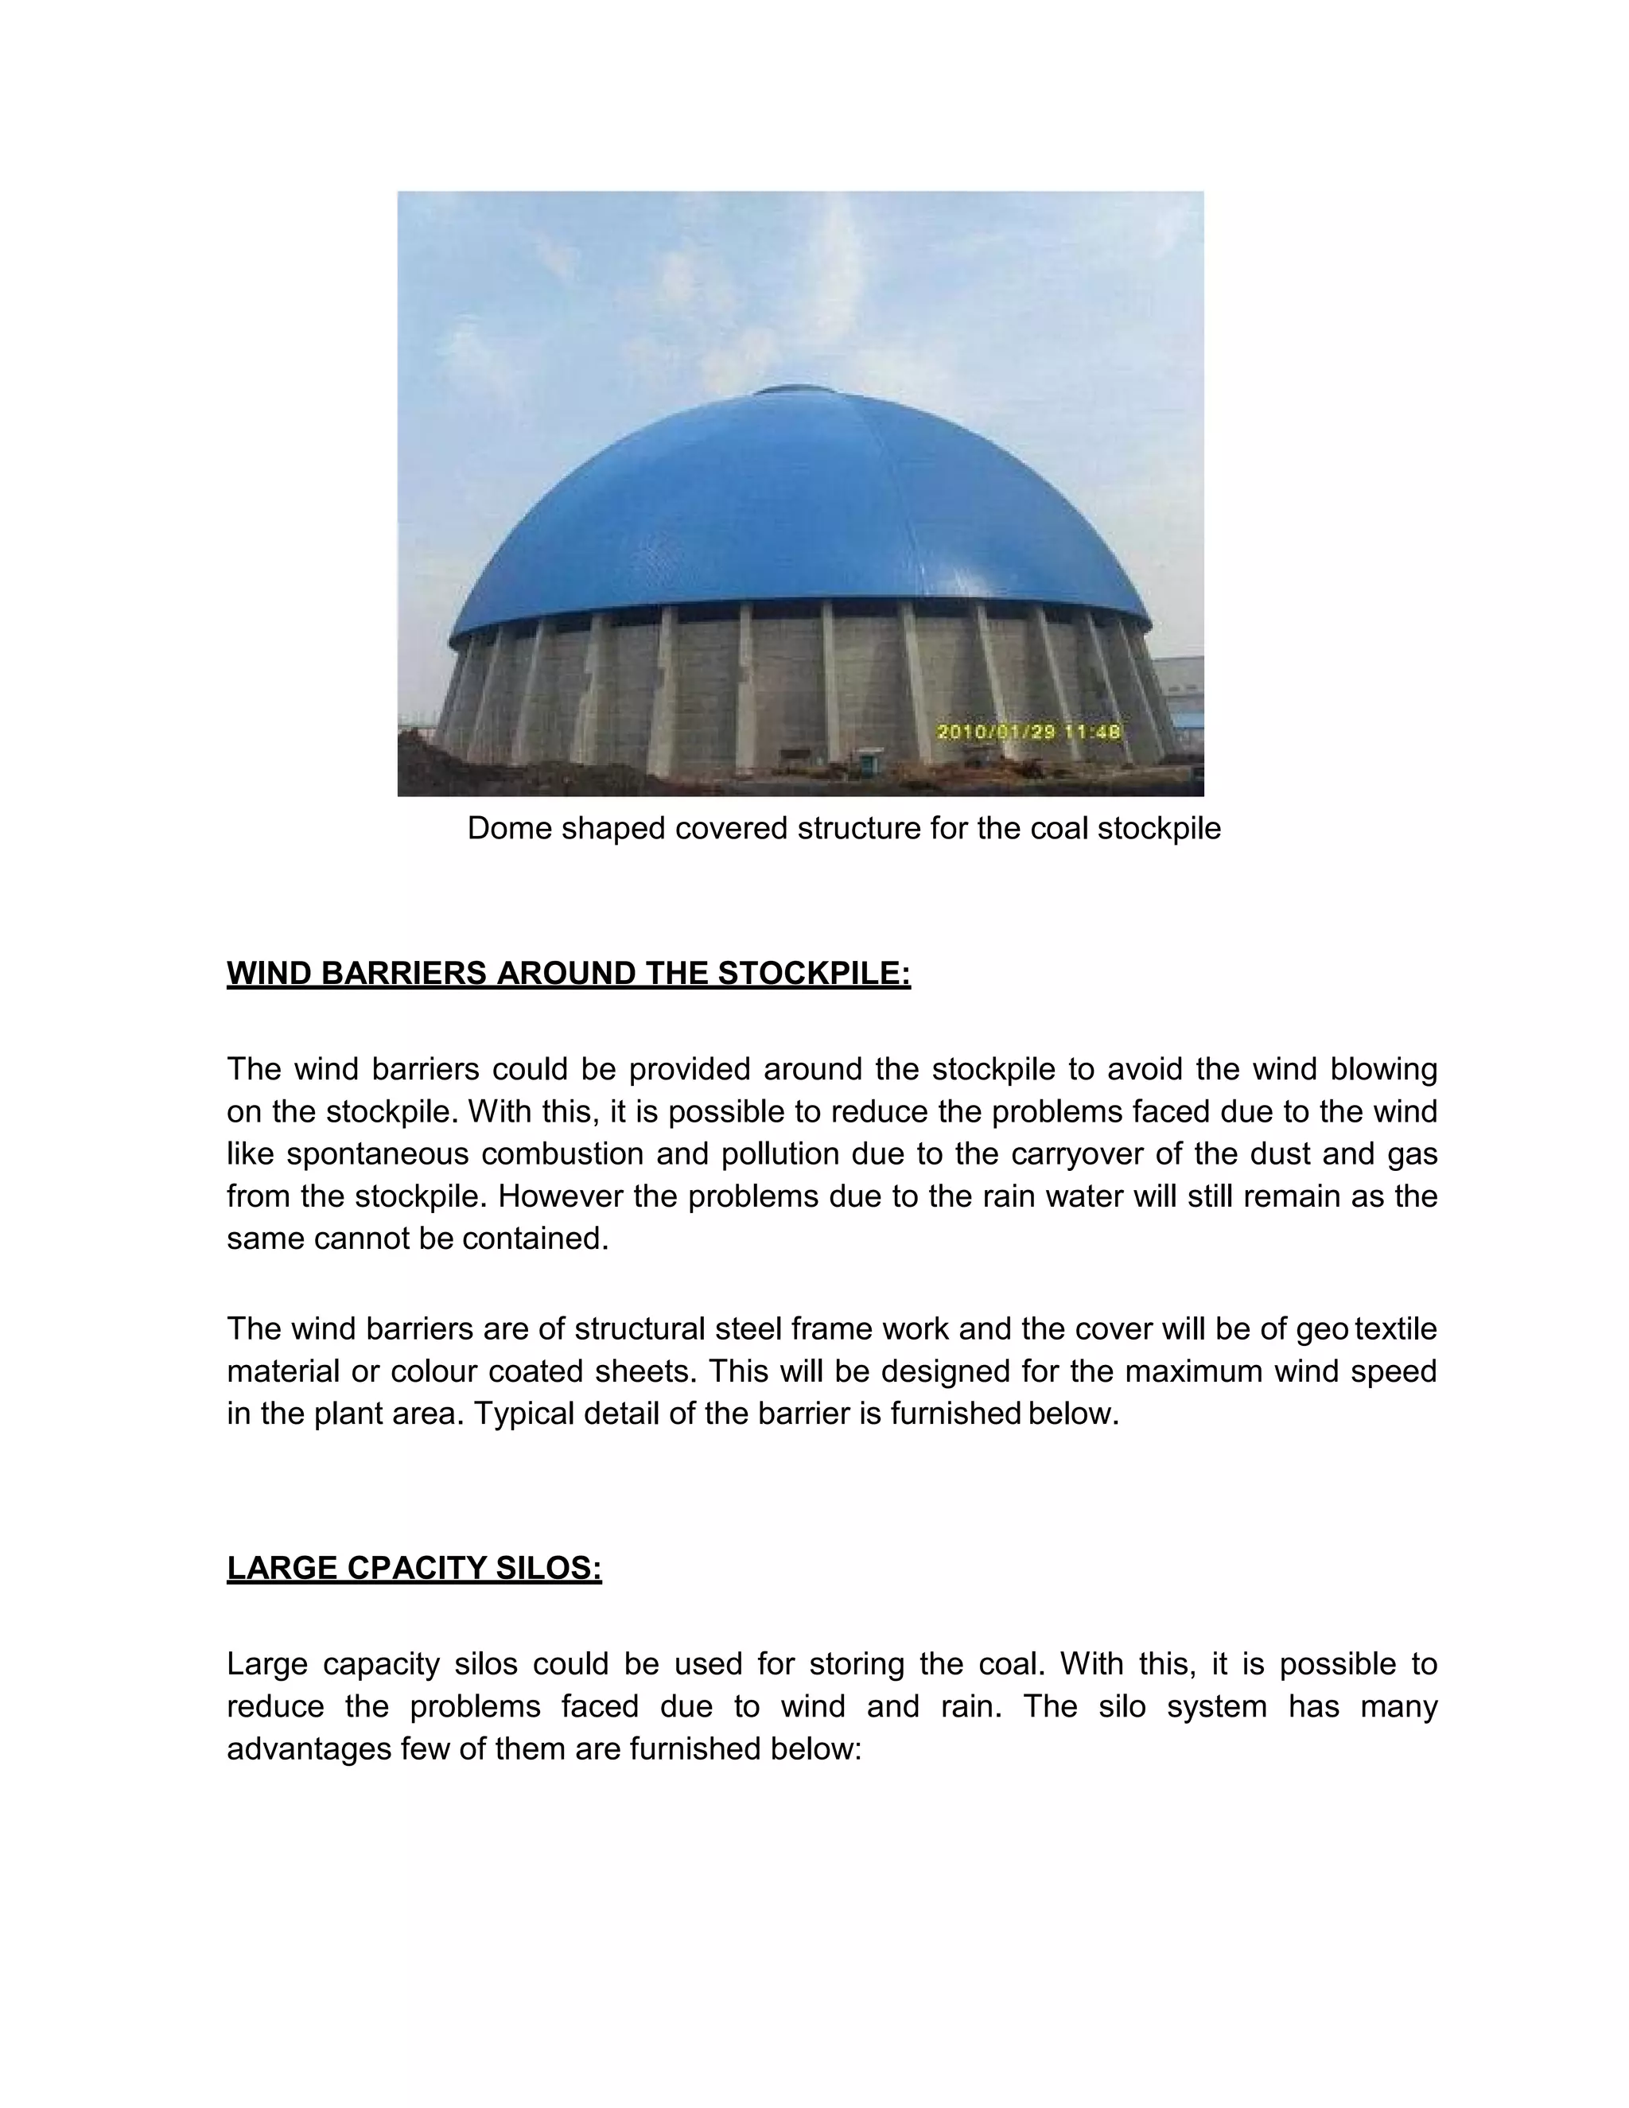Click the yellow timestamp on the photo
1028,733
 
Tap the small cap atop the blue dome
786,391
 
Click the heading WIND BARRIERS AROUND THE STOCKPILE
569,974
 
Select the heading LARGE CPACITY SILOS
414,1569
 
